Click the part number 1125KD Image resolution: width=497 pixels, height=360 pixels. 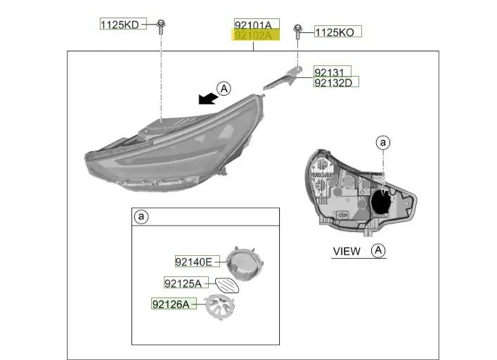(122, 25)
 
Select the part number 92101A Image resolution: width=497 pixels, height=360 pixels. (257, 24)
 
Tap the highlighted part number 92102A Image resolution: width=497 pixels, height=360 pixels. (257, 34)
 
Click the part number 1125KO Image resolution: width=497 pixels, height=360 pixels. (337, 32)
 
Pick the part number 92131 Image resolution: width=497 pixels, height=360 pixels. (331, 72)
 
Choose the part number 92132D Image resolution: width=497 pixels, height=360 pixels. (335, 82)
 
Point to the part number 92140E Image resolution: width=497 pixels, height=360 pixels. (193, 262)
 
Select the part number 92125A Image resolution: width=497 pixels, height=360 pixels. (183, 283)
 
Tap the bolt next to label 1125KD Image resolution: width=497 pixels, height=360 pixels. (162, 25)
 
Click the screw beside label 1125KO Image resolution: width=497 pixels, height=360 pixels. (298, 31)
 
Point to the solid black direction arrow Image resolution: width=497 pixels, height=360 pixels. (207, 98)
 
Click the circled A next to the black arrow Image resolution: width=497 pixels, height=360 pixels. (224, 89)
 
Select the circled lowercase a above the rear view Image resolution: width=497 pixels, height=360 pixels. (383, 143)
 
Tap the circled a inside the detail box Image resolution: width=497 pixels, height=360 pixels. (141, 217)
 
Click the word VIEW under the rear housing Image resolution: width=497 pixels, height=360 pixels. (347, 251)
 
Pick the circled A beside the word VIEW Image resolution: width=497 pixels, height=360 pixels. (378, 250)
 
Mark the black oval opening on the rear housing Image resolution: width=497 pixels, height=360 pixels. (382, 202)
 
